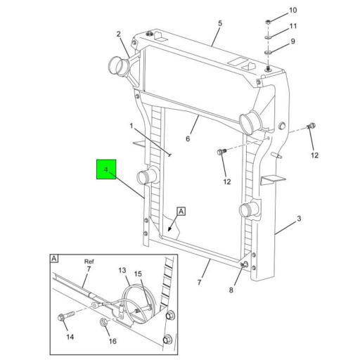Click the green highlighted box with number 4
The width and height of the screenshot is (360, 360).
(106, 170)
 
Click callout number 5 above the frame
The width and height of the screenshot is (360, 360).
(219, 23)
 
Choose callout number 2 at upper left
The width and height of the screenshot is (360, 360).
(119, 34)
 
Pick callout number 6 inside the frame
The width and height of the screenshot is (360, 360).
(188, 139)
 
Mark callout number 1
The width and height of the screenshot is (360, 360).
(131, 127)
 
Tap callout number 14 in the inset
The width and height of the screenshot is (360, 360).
(70, 337)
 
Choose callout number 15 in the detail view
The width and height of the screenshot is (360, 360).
(138, 274)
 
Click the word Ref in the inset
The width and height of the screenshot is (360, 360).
(89, 259)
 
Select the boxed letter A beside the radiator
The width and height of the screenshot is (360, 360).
(181, 211)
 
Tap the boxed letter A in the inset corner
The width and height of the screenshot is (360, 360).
(54, 258)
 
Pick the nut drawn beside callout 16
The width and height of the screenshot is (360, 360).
(104, 323)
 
